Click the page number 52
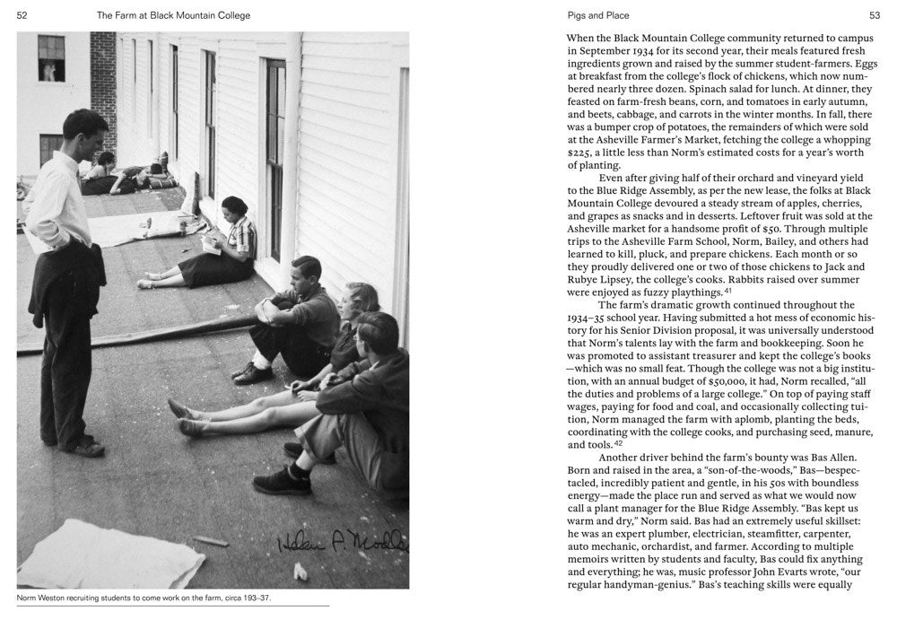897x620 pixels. coord(22,15)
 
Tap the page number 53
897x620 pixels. coord(874,15)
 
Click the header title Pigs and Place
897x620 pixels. coord(598,15)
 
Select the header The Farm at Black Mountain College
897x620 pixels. coord(173,15)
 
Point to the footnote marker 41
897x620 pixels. coord(728,291)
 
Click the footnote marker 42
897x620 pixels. coord(618,443)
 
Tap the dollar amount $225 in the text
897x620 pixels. coord(581,153)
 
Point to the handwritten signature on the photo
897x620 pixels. coord(341,542)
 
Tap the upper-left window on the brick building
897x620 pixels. coord(51,58)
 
